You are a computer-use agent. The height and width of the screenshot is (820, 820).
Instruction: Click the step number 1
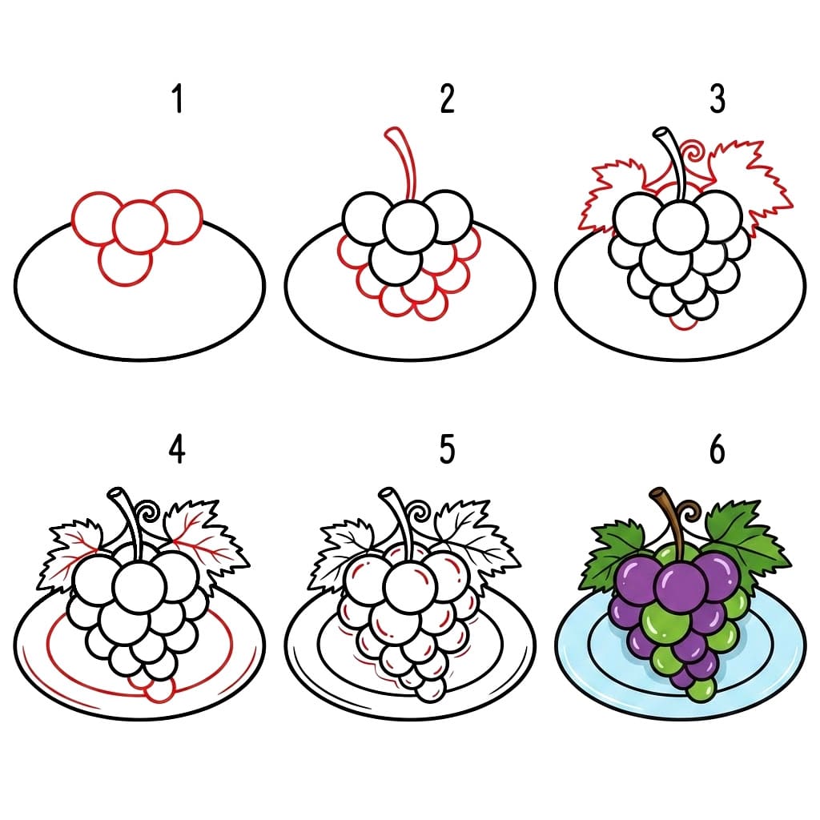pos(178,101)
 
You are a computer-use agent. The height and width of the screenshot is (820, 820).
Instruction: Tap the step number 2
pos(447,100)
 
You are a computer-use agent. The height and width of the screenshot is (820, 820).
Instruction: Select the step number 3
pos(717,100)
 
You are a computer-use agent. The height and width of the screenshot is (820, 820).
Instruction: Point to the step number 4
pos(177,450)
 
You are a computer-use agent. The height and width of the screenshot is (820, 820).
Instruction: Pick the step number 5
pos(447,450)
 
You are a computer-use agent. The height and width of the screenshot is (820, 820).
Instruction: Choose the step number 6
pos(717,450)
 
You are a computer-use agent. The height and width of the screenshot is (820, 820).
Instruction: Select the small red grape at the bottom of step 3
pos(682,321)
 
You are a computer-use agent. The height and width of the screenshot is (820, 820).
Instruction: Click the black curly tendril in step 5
pos(419,512)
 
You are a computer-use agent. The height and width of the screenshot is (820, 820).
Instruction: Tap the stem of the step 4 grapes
pos(128,521)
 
